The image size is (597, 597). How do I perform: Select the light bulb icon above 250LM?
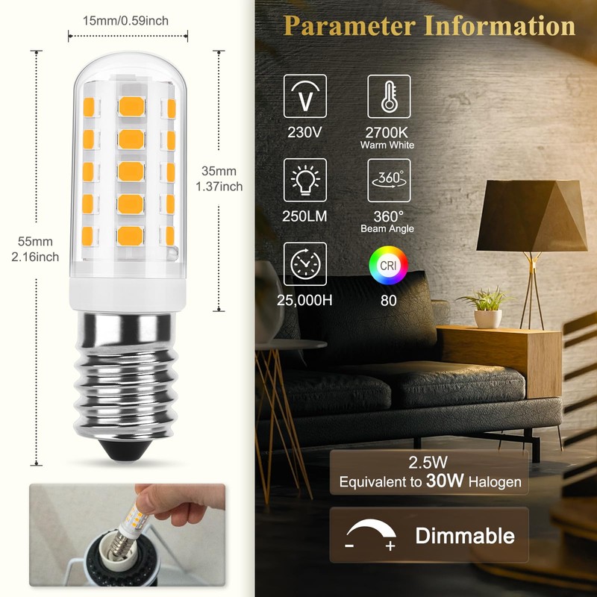[304, 181]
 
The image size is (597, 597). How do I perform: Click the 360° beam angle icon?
[388, 181]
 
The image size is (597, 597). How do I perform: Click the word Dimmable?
[464, 535]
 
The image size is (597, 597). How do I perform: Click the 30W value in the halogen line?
[440, 481]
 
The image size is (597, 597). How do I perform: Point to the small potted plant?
[488, 307]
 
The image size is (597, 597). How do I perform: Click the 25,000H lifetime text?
[304, 301]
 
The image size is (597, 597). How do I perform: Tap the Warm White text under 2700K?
[388, 145]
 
